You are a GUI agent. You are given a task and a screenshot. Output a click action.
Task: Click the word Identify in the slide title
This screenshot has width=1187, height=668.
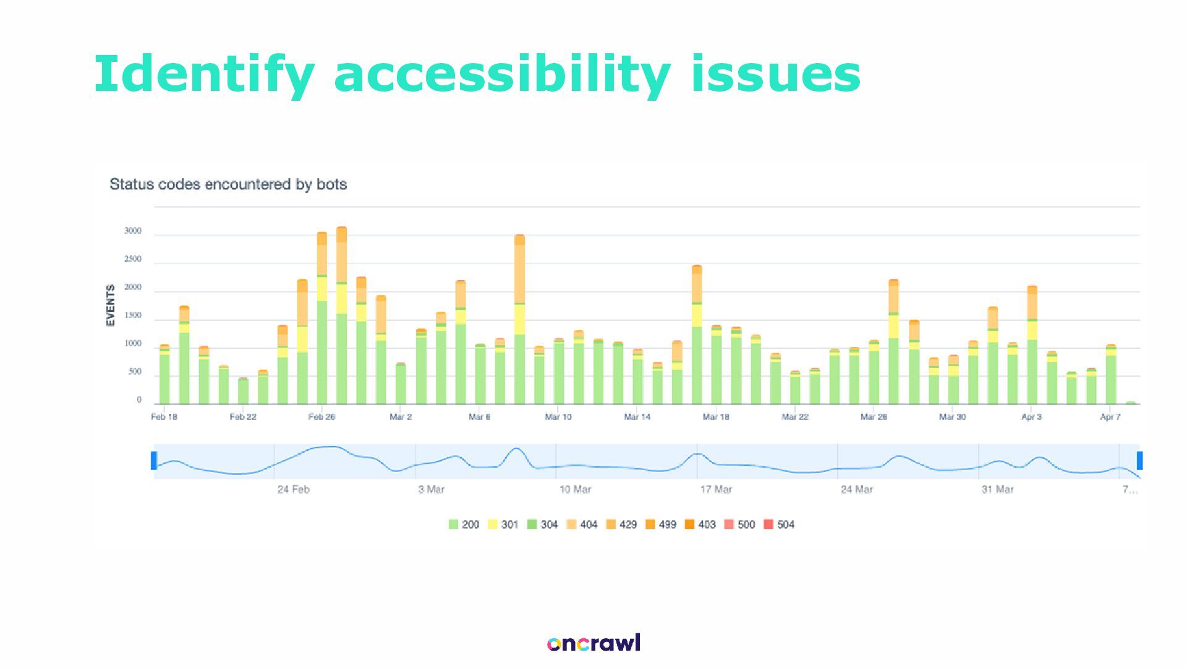coord(204,75)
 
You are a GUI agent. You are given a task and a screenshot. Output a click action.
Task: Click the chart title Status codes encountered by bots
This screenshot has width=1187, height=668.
coord(228,184)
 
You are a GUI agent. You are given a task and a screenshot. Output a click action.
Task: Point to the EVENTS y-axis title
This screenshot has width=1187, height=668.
coord(111,305)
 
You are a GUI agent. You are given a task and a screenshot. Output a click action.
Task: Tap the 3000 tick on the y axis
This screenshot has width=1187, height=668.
coord(132,231)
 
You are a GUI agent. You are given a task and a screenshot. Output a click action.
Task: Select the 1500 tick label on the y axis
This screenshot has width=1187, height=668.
coord(132,315)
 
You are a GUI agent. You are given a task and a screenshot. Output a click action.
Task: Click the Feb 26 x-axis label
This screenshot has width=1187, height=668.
coord(321,417)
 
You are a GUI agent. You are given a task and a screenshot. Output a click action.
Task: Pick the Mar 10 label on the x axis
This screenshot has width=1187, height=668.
coord(558,417)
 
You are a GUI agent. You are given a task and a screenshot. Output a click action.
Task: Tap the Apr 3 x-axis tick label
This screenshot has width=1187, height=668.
coord(1031,417)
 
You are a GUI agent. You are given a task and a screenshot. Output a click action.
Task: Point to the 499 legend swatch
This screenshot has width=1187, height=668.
coord(650,525)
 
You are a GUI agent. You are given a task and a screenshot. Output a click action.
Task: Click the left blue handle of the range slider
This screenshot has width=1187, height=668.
coord(154,461)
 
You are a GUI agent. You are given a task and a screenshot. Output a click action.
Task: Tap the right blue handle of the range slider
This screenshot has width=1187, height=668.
coord(1139,461)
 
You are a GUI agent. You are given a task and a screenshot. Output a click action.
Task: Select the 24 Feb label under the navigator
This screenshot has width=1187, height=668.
coord(293,489)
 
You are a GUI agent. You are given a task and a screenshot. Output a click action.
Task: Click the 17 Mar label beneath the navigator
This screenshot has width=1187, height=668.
coord(716,489)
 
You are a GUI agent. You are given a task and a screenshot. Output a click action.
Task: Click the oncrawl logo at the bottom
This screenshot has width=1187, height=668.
coord(593,643)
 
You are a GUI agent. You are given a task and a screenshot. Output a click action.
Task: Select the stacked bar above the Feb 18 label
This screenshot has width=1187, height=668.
coord(164,374)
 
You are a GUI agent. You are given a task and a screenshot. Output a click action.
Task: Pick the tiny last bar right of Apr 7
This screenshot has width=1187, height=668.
coord(1131,403)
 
